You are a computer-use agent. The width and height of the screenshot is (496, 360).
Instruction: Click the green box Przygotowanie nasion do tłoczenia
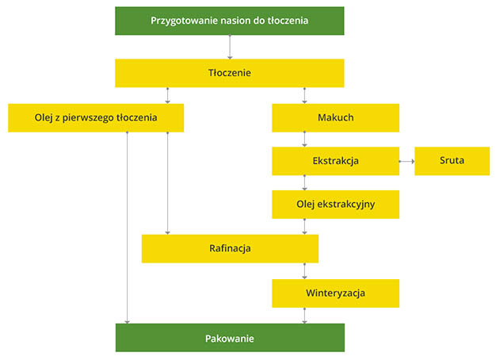(x=229, y=21)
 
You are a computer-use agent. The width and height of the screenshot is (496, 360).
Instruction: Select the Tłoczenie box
(x=229, y=73)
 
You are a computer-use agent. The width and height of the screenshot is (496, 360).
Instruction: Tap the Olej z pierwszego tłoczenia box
(x=96, y=118)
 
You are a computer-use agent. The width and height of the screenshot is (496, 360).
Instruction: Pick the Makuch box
(x=336, y=118)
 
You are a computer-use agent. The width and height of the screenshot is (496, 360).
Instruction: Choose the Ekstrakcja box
(x=336, y=161)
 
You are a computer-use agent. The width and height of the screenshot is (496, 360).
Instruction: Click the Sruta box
(x=452, y=161)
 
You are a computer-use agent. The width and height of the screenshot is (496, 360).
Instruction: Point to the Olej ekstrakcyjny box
(x=336, y=205)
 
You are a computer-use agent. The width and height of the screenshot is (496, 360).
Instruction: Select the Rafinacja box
(x=230, y=248)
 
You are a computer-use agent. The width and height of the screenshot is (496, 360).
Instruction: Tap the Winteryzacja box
(x=336, y=293)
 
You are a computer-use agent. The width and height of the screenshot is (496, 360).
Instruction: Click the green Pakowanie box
(x=230, y=338)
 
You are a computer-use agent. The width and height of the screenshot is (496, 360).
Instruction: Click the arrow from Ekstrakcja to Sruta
(x=406, y=161)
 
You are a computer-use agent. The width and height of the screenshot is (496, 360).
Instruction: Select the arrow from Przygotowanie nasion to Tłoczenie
(x=230, y=47)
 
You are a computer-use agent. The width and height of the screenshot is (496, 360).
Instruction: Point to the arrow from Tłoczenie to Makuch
(x=304, y=95)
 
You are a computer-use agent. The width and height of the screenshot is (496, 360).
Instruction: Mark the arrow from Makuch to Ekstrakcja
(x=304, y=140)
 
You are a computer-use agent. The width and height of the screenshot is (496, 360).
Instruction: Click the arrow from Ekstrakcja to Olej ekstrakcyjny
(x=304, y=182)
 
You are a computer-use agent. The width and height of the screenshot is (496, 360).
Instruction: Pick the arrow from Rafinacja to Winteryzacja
(x=304, y=270)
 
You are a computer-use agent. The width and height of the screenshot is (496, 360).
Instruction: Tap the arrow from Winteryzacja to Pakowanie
(x=304, y=316)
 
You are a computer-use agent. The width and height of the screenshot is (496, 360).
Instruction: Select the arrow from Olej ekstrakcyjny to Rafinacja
(x=304, y=226)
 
